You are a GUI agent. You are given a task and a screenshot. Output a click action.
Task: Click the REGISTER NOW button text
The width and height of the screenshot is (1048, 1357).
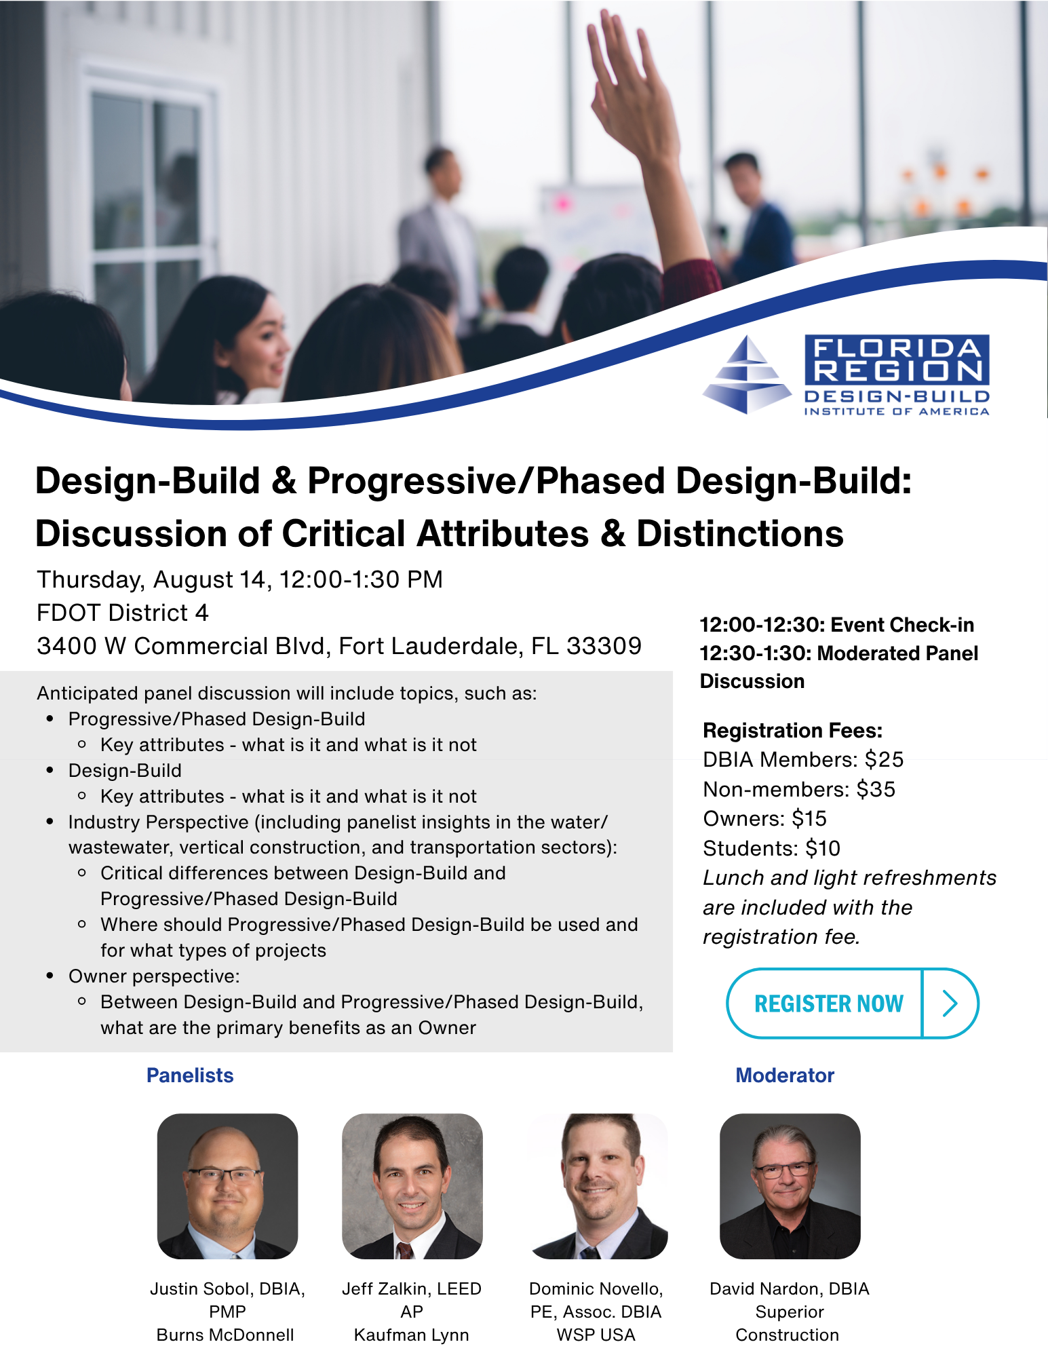point(828,1004)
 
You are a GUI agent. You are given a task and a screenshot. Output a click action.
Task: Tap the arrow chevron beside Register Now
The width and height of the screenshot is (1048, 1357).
point(950,1004)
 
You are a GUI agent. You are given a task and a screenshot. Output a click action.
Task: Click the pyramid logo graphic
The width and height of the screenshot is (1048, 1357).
point(747,375)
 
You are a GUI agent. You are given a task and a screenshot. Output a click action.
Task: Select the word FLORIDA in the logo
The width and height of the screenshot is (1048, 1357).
point(897,349)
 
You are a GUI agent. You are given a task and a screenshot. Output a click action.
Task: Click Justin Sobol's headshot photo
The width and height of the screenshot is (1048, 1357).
point(227,1186)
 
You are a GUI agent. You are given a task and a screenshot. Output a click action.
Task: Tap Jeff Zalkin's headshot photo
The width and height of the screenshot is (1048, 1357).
point(412,1186)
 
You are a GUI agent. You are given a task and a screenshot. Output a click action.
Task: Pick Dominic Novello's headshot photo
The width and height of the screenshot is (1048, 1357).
point(598,1186)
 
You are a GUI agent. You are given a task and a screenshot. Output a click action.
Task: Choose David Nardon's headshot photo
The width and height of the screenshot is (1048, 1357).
point(790,1186)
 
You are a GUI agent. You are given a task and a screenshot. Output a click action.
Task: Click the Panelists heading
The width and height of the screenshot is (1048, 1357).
point(190,1075)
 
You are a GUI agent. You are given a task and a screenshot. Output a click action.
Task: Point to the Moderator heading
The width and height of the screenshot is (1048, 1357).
point(785,1075)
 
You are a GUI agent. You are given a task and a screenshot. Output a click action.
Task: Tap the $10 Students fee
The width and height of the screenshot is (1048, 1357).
point(823,848)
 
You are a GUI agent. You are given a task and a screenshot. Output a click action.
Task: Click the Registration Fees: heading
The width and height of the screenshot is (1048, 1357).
point(793,731)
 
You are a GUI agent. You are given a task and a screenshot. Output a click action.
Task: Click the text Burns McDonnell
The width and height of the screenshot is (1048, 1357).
point(225,1335)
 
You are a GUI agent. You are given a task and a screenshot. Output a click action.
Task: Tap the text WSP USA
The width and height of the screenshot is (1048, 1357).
point(596,1335)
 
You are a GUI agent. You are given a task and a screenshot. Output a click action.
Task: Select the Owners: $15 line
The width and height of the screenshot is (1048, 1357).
point(765,819)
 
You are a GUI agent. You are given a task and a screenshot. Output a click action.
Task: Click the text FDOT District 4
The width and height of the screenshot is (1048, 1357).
point(123,613)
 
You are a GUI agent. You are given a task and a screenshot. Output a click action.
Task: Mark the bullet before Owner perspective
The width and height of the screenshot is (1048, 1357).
point(50,976)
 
